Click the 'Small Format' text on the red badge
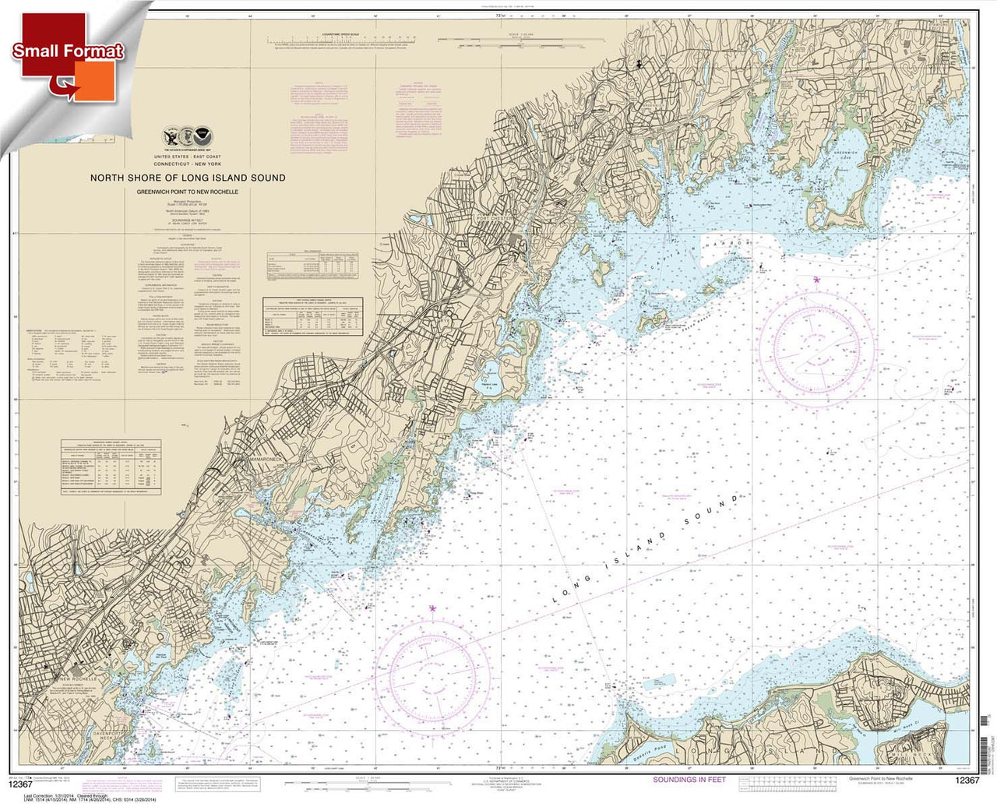(68, 51)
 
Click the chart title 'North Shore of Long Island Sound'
(188, 178)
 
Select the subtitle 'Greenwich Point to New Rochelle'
(188, 192)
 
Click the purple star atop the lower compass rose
(433, 608)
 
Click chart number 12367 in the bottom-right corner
(966, 781)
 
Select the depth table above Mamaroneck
(111, 466)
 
